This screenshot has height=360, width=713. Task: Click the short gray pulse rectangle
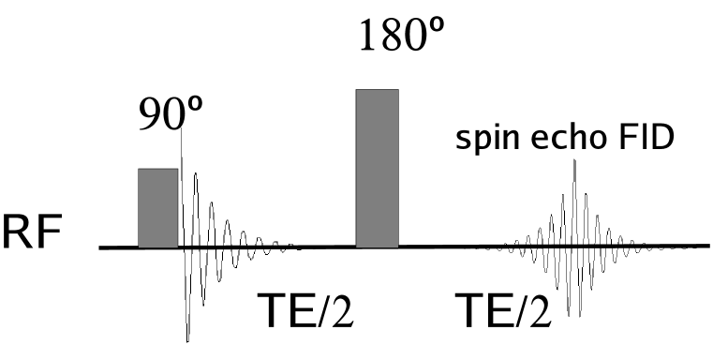click(x=158, y=207)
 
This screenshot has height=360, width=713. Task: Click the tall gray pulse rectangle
click(x=377, y=169)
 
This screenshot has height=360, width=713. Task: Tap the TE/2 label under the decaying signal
click(x=305, y=312)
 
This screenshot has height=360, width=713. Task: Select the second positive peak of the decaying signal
click(x=211, y=203)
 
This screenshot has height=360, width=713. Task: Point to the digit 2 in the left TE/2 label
click(x=341, y=312)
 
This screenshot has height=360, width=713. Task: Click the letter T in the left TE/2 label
click(x=271, y=312)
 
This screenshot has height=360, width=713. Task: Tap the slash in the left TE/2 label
click(x=323, y=312)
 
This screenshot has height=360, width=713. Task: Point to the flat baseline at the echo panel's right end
click(x=689, y=246)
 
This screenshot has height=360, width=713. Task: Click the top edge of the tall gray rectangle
click(x=377, y=91)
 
